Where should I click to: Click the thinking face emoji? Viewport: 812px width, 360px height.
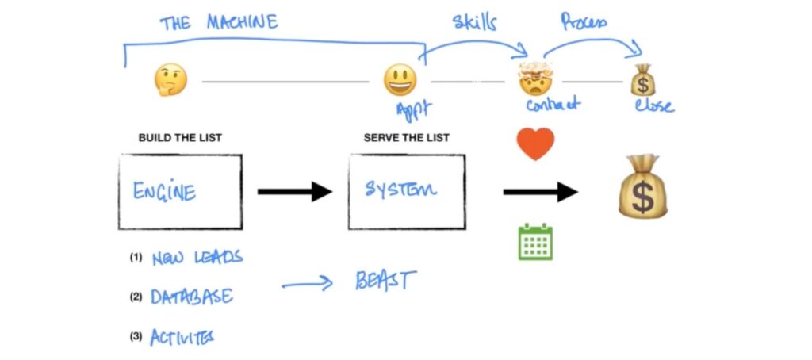pos(170,79)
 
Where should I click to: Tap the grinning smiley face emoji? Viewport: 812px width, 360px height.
pos(400,80)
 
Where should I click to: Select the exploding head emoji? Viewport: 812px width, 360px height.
pos(534,79)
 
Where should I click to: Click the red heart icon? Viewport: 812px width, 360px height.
pos(535,144)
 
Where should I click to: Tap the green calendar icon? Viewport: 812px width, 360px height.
pos(535,242)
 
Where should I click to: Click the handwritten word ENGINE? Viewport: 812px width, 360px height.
pos(165,191)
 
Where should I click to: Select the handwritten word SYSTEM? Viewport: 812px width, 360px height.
pos(400,190)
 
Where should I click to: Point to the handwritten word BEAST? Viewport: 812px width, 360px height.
pos(385,281)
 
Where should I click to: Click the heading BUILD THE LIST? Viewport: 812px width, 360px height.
pos(180,138)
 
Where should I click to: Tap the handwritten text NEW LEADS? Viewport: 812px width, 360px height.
pos(197,258)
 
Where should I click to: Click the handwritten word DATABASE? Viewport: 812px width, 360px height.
pos(193,297)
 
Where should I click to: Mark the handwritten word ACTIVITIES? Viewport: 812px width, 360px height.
pos(182,336)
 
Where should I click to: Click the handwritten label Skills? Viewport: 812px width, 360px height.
pos(474,21)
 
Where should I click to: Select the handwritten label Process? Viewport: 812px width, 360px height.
pos(584,22)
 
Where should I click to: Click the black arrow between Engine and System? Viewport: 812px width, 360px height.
pos(294,191)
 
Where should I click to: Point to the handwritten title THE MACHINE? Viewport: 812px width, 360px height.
pos(219,21)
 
